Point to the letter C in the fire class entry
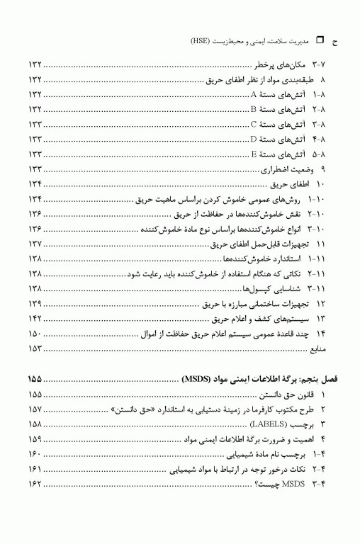point(253,125)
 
